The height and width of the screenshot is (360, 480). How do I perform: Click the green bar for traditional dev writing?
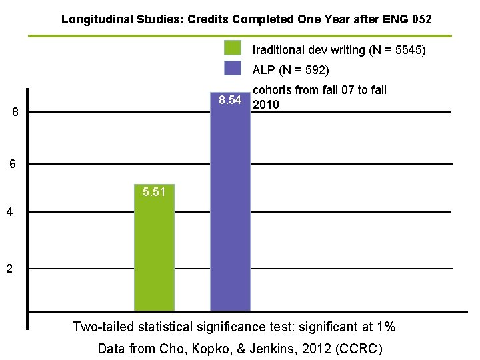point(154,253)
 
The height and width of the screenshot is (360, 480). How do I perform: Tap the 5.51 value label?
point(154,193)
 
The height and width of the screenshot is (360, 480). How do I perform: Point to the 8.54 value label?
point(230,101)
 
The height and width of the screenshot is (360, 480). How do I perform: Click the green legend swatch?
point(233,49)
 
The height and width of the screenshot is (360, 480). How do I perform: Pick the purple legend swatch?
point(233,69)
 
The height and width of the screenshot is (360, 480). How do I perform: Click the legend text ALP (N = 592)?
point(291,69)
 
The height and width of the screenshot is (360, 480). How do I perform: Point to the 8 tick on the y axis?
point(16,112)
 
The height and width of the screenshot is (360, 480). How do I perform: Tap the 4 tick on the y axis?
point(9,213)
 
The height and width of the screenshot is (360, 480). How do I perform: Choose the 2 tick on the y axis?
point(9,269)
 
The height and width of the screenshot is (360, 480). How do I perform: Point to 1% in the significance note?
point(385,327)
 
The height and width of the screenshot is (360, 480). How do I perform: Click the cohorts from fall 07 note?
point(320,97)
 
